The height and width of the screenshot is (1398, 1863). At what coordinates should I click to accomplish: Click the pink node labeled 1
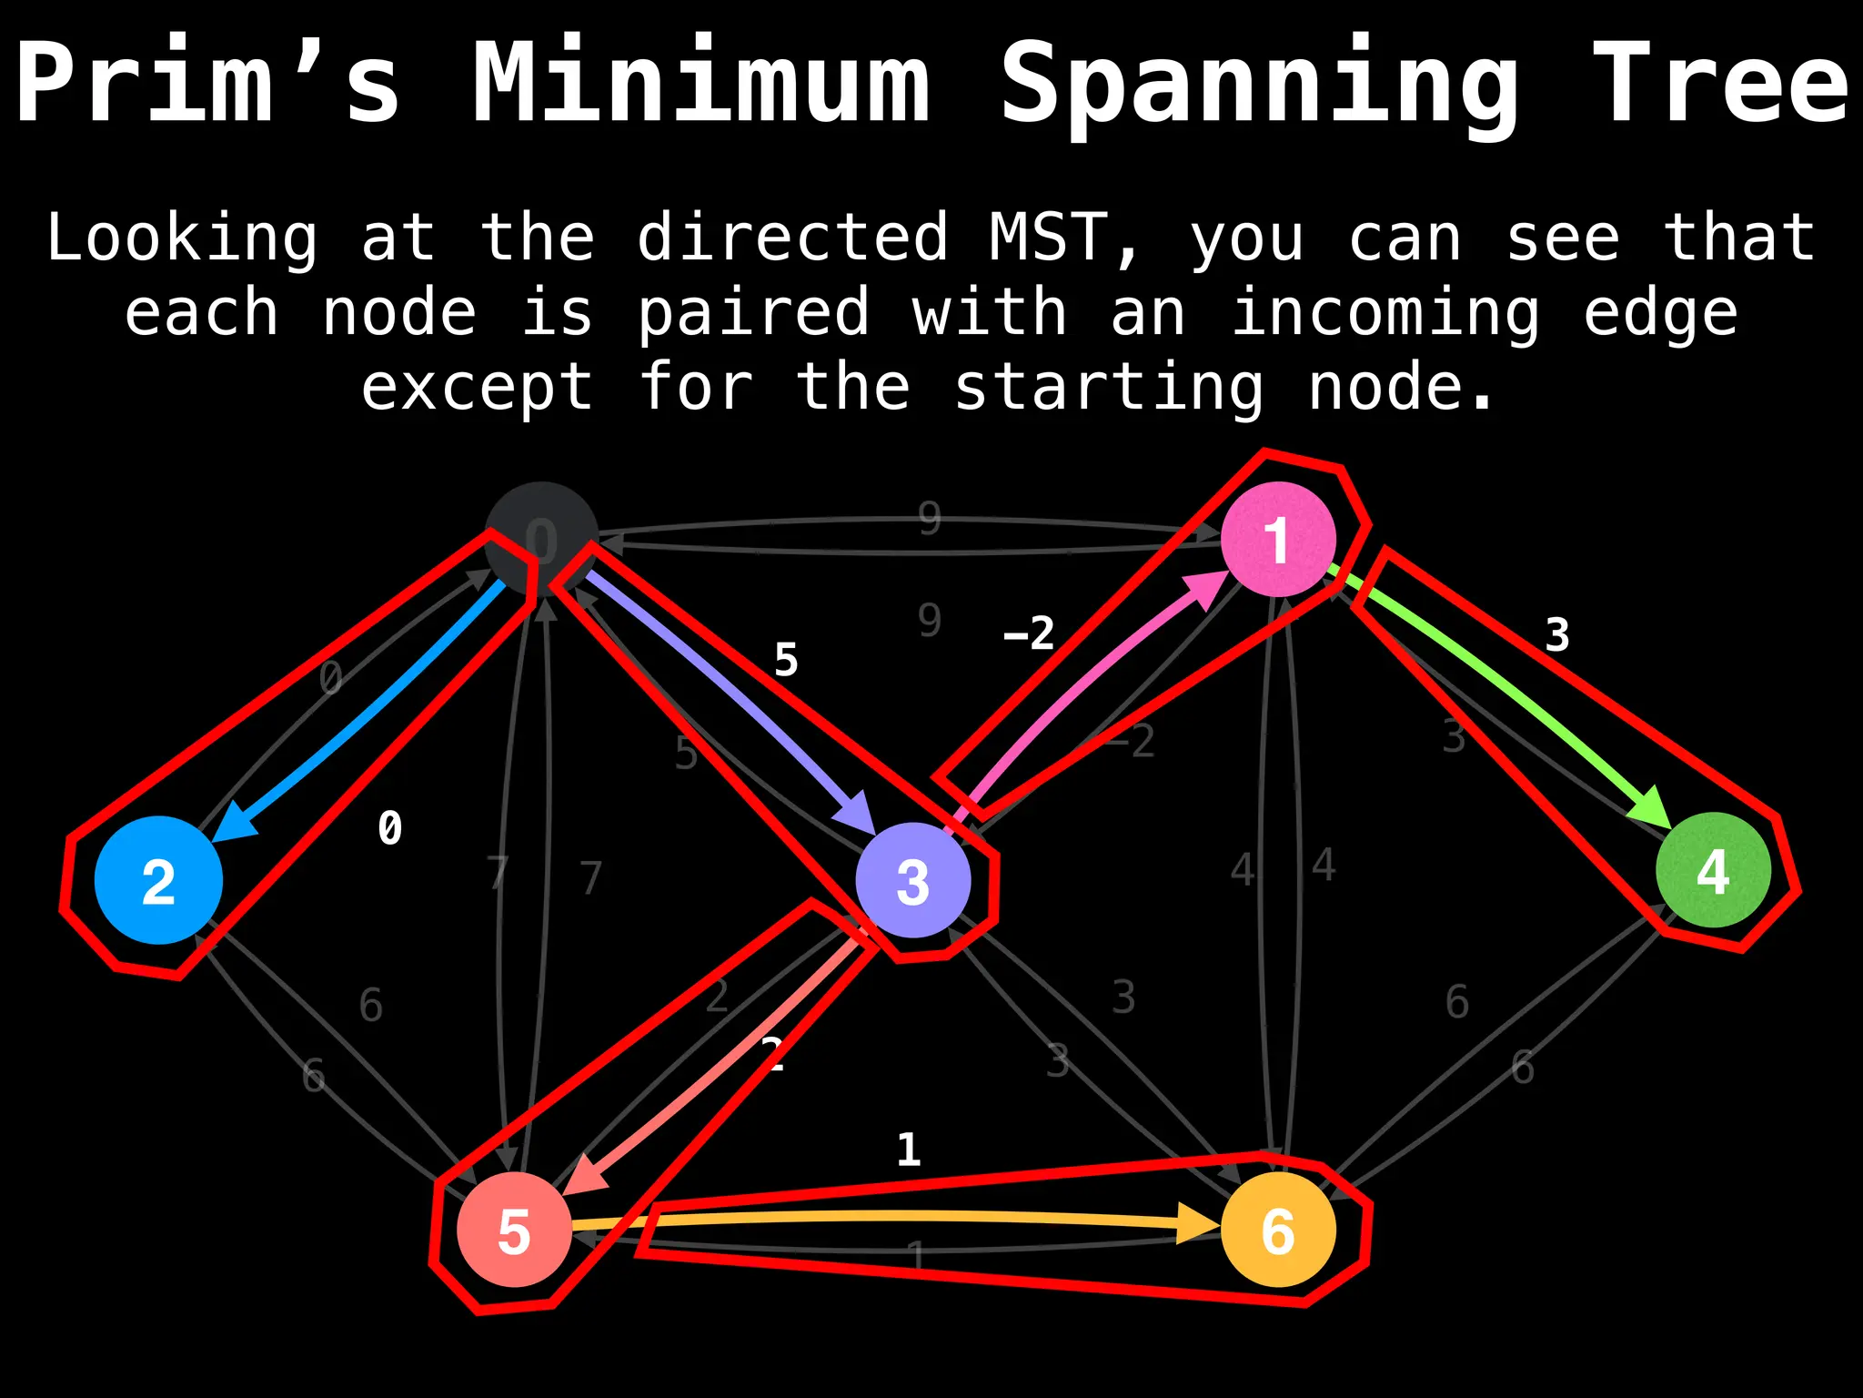(x=1277, y=539)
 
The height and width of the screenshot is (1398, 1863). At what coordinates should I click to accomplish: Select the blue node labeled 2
(x=158, y=880)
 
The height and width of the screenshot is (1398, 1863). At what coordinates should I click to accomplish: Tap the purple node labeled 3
(x=912, y=880)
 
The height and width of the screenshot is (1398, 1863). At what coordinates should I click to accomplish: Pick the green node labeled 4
(x=1713, y=870)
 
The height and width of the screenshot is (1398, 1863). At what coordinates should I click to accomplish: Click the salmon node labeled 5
(x=514, y=1230)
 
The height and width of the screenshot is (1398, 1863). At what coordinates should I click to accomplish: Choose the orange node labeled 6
(x=1277, y=1230)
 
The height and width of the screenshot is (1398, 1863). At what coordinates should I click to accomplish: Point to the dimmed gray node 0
(x=540, y=539)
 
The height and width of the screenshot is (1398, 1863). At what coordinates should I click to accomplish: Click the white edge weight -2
(x=1029, y=633)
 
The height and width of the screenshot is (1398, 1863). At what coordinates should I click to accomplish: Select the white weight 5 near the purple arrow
(x=786, y=659)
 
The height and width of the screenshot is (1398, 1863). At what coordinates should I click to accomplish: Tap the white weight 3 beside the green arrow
(x=1557, y=634)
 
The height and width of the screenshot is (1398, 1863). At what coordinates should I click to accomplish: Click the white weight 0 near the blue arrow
(x=389, y=828)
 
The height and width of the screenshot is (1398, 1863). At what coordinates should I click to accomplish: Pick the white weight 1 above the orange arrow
(x=908, y=1150)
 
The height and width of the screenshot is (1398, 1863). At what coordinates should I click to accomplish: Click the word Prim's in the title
(x=207, y=82)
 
